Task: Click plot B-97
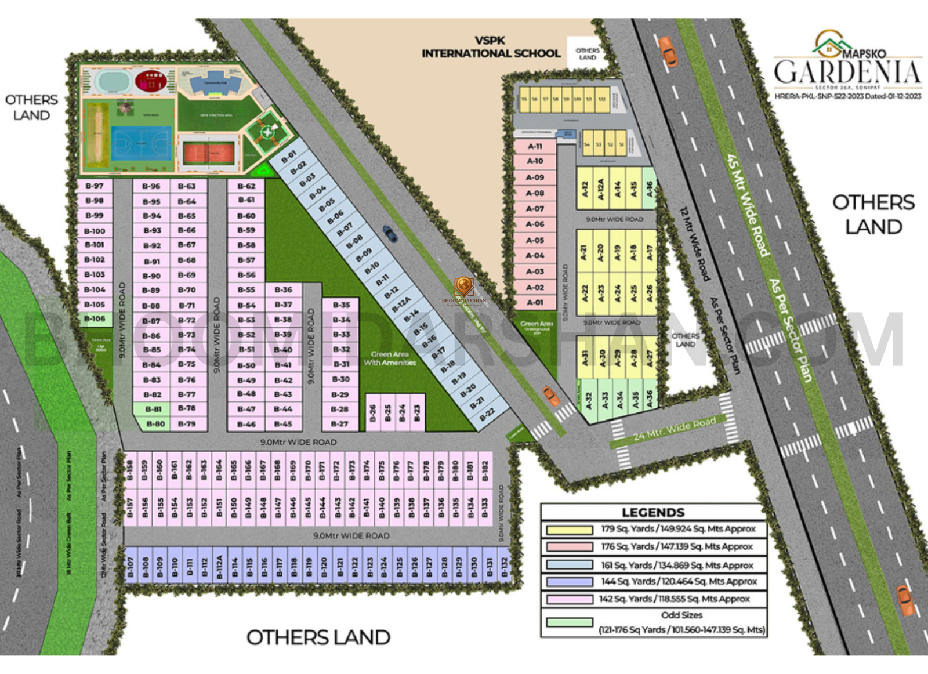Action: [95, 186]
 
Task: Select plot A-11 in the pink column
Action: [535, 147]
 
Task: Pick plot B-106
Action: [95, 318]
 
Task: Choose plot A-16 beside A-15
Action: [650, 189]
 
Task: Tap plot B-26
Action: [372, 413]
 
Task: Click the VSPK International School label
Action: [491, 48]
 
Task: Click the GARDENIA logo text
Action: [847, 72]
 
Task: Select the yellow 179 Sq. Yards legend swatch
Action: [569, 530]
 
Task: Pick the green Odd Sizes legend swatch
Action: [569, 622]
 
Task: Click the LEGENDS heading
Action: [653, 513]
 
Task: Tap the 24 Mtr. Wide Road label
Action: [675, 428]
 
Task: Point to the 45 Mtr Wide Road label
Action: [748, 205]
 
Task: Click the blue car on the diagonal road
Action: [390, 234]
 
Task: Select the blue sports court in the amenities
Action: [142, 143]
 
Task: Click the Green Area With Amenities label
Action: [390, 358]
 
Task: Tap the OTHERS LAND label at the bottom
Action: [318, 637]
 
